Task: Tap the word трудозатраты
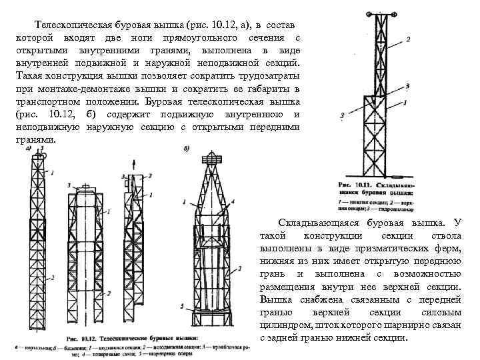(268, 76)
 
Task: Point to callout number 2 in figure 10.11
(408, 39)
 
